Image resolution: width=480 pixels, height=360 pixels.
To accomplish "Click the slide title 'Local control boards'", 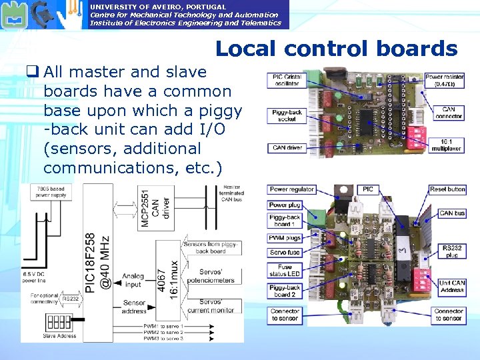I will tap(336, 49).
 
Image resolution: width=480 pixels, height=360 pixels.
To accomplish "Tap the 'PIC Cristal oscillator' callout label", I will tap(287, 81).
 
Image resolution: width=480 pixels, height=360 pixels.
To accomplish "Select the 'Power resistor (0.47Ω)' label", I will tap(445, 81).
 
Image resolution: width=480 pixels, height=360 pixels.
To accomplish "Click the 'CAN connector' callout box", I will tap(448, 113).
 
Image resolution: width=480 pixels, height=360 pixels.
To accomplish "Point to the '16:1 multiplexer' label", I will tap(448, 145).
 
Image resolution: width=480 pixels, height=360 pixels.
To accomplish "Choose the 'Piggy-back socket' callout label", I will tap(287, 116).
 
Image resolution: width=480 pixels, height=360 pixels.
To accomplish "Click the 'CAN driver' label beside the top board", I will tap(287, 147).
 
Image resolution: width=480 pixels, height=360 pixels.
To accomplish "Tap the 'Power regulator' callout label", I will tap(291, 190).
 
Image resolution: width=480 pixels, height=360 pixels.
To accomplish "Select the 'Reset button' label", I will tap(447, 190).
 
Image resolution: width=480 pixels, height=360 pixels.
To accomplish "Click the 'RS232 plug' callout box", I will tap(451, 251).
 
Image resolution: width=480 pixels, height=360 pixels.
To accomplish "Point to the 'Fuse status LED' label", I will tap(285, 269).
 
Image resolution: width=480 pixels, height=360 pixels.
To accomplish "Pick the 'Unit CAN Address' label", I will tap(452, 287).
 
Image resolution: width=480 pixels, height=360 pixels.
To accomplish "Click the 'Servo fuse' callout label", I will tap(285, 252).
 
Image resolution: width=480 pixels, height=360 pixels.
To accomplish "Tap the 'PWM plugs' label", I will tap(285, 238).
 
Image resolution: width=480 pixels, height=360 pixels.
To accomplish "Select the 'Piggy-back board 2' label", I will tap(285, 291).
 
